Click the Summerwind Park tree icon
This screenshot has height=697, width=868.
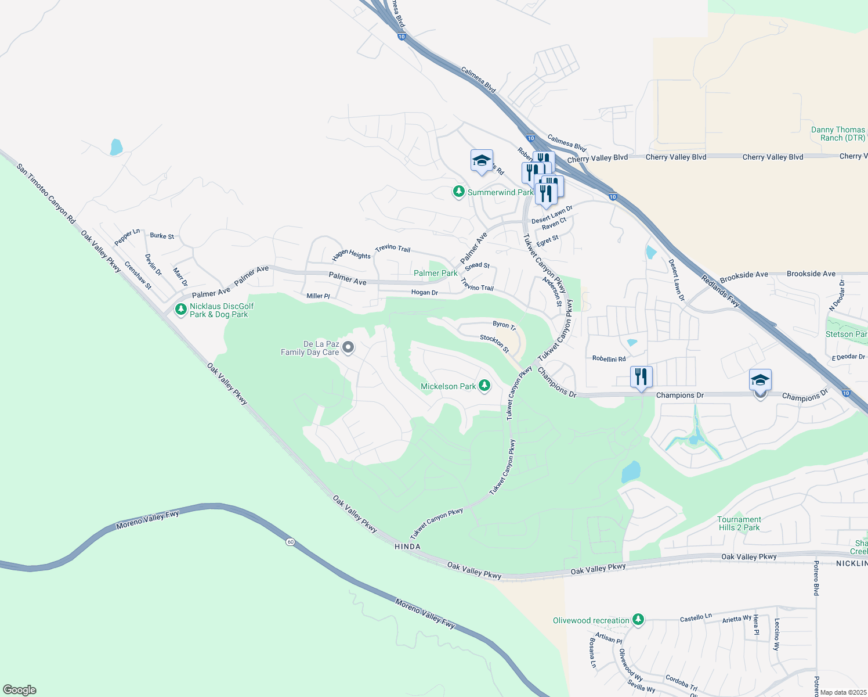coord(459,192)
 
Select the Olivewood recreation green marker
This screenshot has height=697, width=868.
coord(638,620)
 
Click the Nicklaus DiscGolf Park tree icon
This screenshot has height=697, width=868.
coord(181,310)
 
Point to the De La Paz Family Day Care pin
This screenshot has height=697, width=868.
coord(348,348)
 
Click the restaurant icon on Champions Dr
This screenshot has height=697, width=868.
coord(641,377)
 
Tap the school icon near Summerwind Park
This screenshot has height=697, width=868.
coord(482,161)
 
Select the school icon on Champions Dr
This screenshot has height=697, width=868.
coord(760,380)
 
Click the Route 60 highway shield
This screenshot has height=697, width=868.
coord(290,542)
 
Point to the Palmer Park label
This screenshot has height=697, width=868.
coord(435,273)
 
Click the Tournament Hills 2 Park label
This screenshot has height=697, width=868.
coord(739,523)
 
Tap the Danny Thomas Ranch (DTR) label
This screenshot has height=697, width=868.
coord(838,134)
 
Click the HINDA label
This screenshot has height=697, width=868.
coord(407,547)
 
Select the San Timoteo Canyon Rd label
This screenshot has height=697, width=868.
coord(46,193)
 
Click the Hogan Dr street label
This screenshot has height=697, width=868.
coord(424,293)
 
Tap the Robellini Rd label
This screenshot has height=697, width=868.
coord(609,359)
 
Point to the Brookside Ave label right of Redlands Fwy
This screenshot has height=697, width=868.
coord(811,274)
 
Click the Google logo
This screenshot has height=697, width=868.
coord(20,690)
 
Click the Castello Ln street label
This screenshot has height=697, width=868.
coord(696,617)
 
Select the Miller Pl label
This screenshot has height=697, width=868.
coord(318,296)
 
